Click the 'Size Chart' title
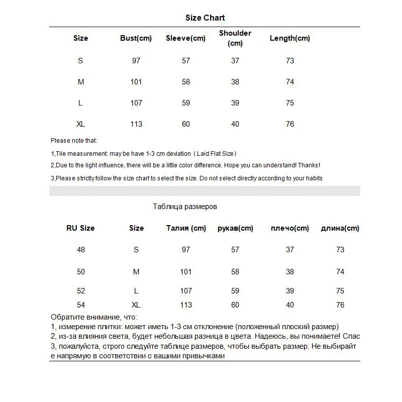205,18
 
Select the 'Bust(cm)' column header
136,38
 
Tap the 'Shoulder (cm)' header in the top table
235,38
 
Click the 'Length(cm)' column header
290,38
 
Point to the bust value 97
136,61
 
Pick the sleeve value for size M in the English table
186,82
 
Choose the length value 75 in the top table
290,103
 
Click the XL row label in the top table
81,124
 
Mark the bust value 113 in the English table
136,124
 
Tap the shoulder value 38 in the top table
235,82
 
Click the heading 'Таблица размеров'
185,207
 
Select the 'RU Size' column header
80,228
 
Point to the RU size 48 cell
81,250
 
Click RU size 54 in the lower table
81,305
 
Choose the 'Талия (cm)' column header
186,228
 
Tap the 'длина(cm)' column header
340,228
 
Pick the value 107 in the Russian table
186,291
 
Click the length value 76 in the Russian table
340,305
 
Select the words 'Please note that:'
74,141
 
